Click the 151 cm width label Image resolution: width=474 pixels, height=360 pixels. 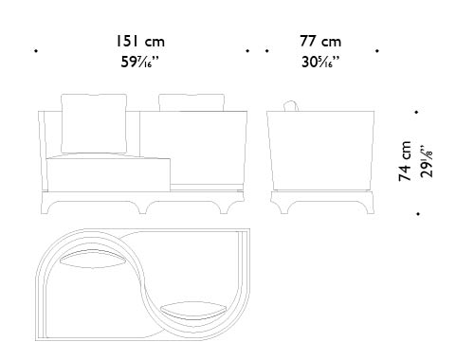(140, 43)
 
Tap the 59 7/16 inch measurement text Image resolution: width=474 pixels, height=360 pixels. (140, 63)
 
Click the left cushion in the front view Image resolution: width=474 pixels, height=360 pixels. (92, 123)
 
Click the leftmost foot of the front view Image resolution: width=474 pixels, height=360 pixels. (52, 207)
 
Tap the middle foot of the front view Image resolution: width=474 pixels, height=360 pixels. (147, 207)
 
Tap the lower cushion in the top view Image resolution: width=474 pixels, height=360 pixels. (193, 307)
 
